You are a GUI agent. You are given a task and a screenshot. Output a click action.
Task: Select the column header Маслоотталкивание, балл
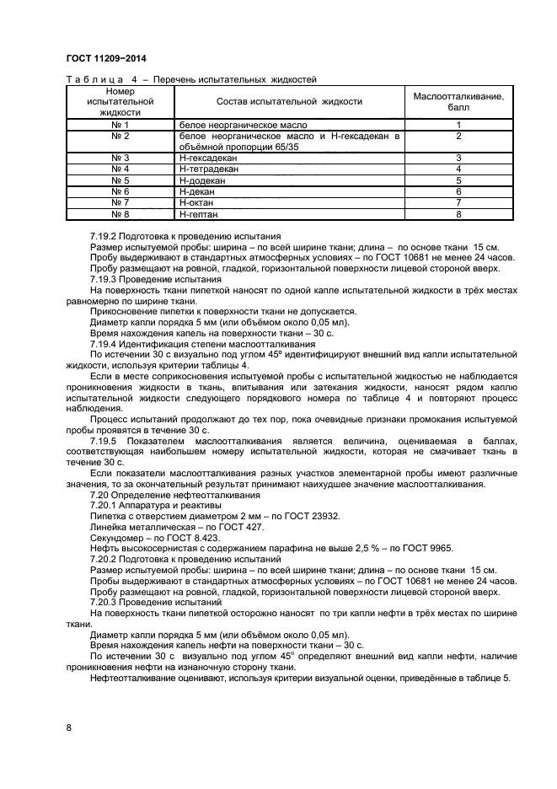tap(458, 102)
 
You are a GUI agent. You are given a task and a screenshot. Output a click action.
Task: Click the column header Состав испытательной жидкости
tap(289, 102)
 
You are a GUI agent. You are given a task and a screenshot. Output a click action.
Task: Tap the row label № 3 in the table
tap(120, 158)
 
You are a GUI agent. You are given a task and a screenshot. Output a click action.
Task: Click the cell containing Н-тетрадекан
tap(209, 169)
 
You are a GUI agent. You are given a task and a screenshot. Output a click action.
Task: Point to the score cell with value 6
tap(458, 192)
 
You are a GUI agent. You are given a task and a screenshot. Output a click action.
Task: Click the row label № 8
tap(120, 215)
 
